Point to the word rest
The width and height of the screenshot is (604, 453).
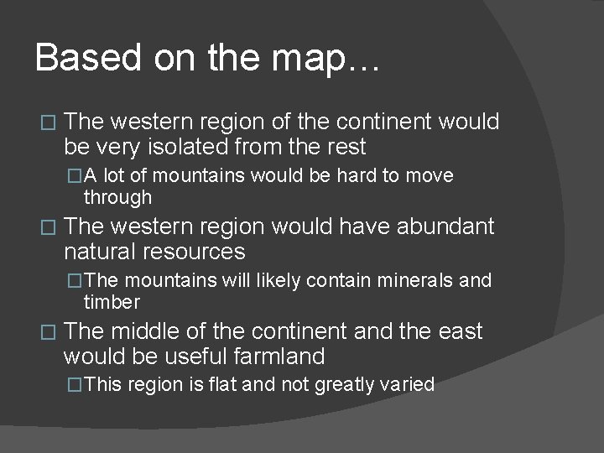point(345,148)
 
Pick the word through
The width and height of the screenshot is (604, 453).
point(117,199)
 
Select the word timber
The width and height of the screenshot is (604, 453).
point(112,302)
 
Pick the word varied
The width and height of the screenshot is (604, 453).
point(409,385)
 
